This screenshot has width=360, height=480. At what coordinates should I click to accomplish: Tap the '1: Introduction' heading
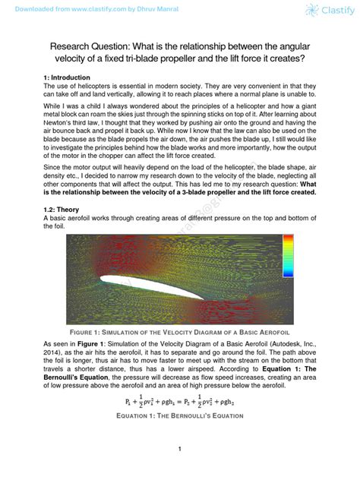tap(67, 78)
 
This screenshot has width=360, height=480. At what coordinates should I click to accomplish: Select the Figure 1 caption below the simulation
tap(180, 332)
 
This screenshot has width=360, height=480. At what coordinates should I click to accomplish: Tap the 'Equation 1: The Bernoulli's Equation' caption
tap(179, 416)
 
